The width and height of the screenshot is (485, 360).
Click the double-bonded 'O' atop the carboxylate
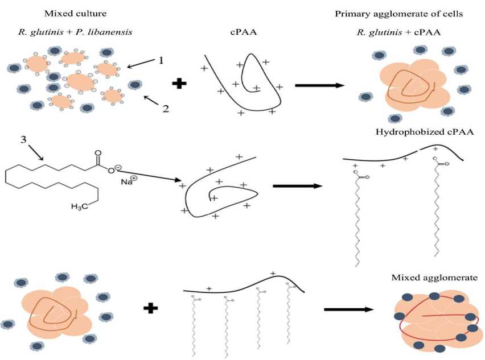[x=98, y=152]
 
